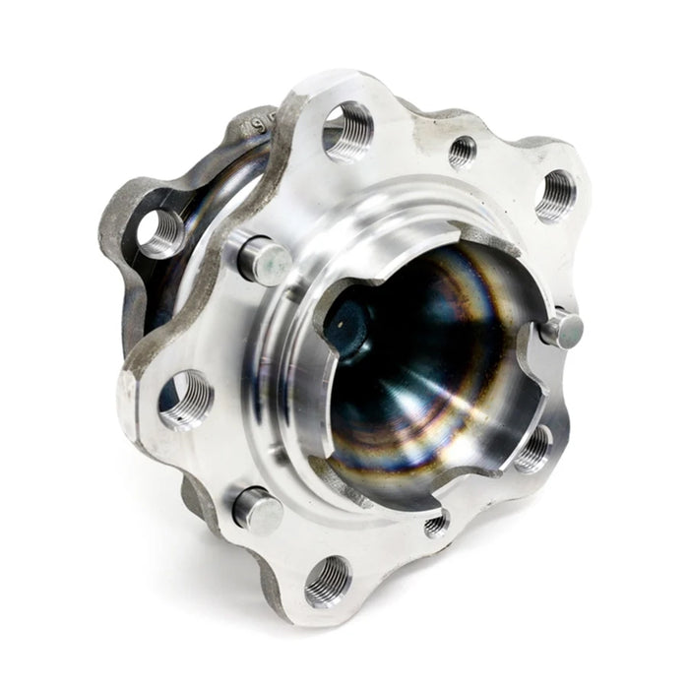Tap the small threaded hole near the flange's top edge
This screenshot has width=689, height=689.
462,151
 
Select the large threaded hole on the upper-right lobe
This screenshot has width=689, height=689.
556,194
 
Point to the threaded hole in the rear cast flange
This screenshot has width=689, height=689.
158,233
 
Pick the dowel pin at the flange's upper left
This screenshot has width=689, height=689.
263,260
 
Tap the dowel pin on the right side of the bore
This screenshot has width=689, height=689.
561,328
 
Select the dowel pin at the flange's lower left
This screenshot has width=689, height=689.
257,510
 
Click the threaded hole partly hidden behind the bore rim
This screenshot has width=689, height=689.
534,448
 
